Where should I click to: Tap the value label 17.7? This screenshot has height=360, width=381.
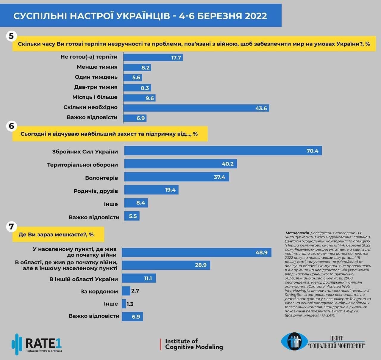click(x=176, y=58)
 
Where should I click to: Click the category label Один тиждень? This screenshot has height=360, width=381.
click(x=96, y=77)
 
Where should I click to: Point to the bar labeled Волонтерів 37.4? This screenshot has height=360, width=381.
click(x=176, y=177)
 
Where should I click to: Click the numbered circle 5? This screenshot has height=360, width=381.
click(x=11, y=36)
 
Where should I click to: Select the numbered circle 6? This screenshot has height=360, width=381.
click(x=11, y=126)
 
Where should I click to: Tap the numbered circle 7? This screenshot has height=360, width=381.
click(x=11, y=227)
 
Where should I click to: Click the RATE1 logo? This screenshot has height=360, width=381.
click(x=37, y=344)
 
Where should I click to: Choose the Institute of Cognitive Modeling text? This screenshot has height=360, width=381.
click(x=194, y=344)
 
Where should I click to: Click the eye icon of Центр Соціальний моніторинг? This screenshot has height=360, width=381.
click(x=294, y=342)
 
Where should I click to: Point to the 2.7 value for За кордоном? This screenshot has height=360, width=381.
click(x=135, y=291)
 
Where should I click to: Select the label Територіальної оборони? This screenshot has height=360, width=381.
click(x=82, y=165)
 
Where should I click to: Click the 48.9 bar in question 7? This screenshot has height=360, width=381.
click(x=196, y=252)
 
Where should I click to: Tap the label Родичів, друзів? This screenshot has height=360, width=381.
click(x=96, y=191)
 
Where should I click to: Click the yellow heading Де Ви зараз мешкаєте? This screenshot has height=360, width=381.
click(x=58, y=235)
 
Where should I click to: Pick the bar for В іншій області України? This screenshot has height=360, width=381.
click(x=139, y=278)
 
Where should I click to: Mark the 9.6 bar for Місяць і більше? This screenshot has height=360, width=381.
click(x=139, y=98)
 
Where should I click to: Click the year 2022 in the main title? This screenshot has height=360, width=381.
click(x=256, y=16)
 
